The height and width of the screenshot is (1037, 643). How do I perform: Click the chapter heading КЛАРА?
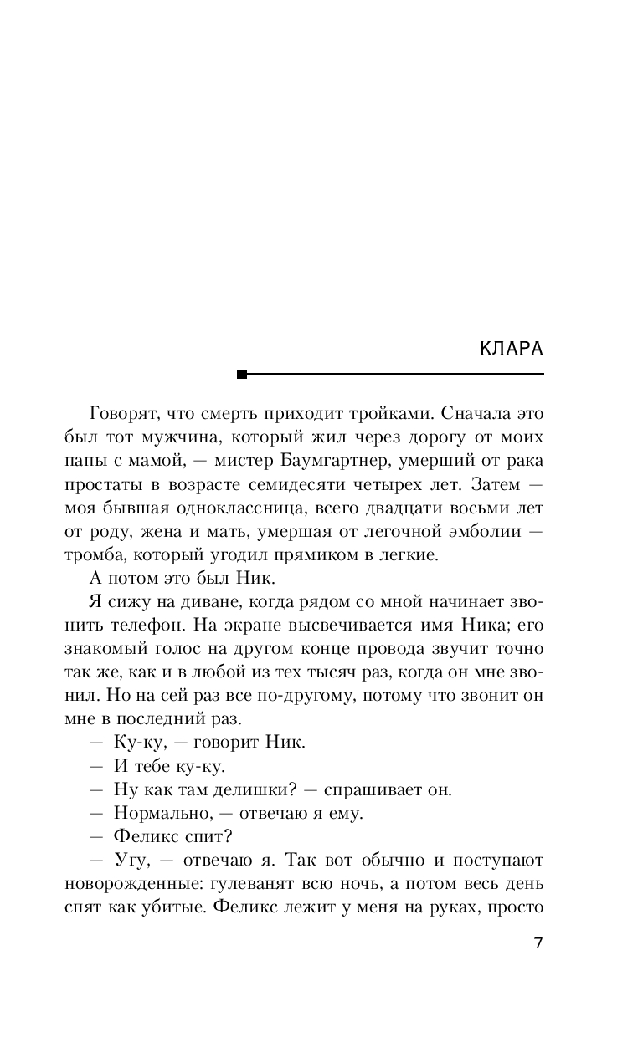pos(512,349)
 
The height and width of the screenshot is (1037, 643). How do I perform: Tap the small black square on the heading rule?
pos(243,374)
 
